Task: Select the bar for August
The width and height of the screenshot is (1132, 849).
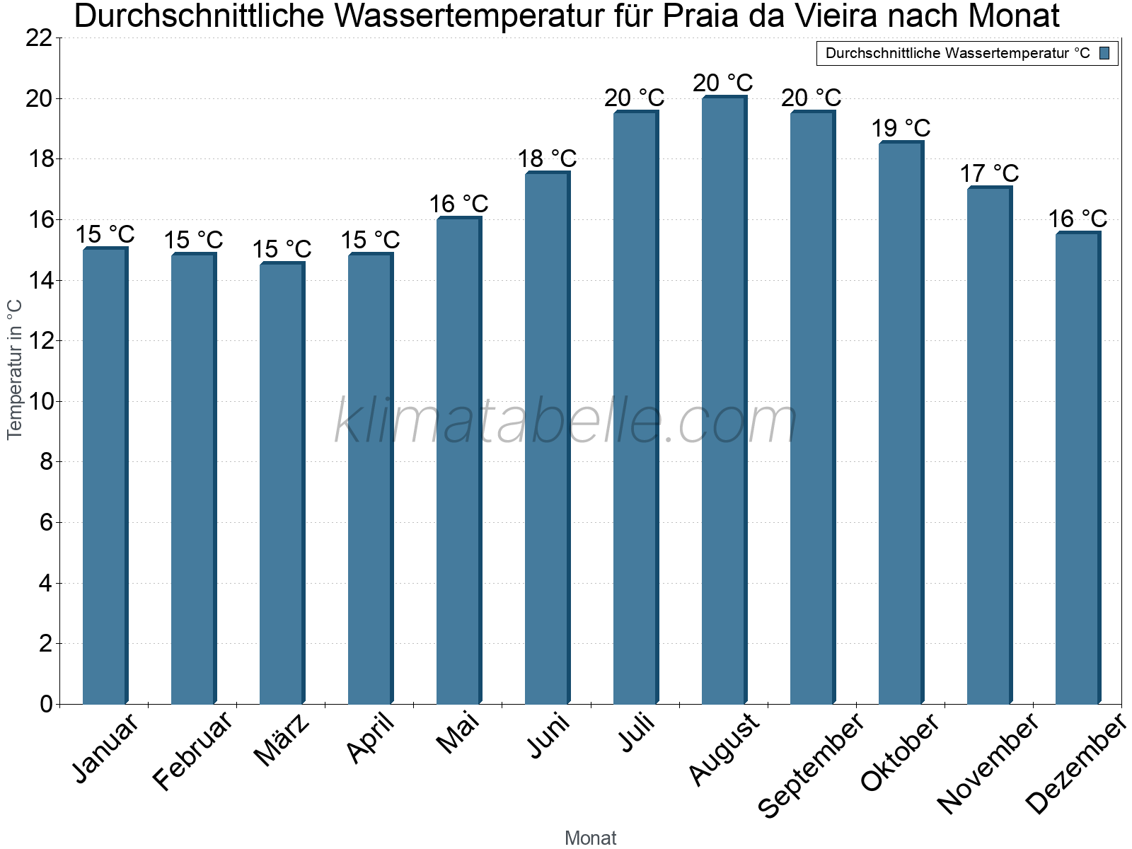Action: [x=723, y=401]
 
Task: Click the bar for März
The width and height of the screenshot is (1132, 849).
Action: [x=281, y=484]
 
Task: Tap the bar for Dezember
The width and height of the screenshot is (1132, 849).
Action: [x=1077, y=468]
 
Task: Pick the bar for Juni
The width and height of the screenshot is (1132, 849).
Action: [x=546, y=439]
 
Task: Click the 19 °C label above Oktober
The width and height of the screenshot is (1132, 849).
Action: [x=900, y=129]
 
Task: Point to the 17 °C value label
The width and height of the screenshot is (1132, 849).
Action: [x=988, y=173]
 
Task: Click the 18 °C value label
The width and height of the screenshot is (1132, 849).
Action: [x=546, y=158]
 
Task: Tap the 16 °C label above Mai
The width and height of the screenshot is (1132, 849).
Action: [x=458, y=204]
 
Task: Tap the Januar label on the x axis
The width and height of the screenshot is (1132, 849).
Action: [x=106, y=749]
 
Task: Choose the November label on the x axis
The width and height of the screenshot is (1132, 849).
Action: [x=988, y=763]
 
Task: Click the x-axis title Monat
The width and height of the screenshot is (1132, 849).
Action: [x=590, y=838]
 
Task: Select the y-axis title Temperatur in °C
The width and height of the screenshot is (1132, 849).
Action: [x=15, y=369]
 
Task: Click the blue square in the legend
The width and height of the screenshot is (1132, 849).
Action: [x=1104, y=53]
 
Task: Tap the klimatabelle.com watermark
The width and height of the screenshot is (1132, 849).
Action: [x=565, y=422]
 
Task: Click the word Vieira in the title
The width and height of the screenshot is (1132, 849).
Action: [x=892, y=16]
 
